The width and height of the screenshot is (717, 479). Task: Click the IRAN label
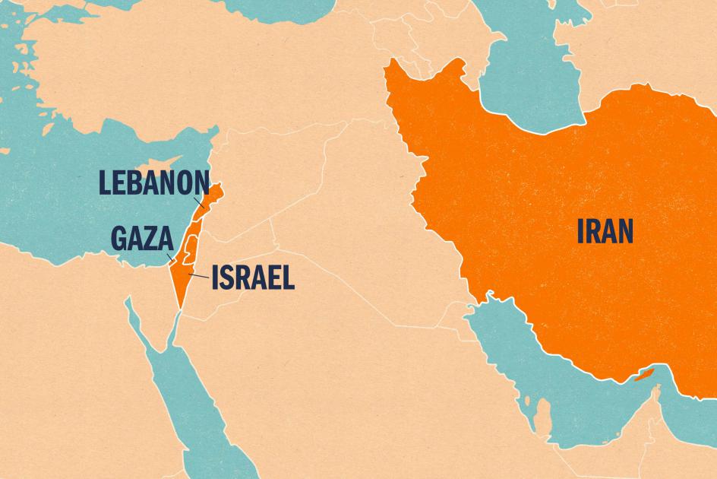click(605, 232)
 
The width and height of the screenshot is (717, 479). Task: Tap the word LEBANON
click(154, 182)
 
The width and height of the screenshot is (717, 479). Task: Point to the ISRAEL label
click(252, 278)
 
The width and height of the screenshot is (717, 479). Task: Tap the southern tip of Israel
click(179, 306)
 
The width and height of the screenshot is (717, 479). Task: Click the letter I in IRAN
click(582, 232)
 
